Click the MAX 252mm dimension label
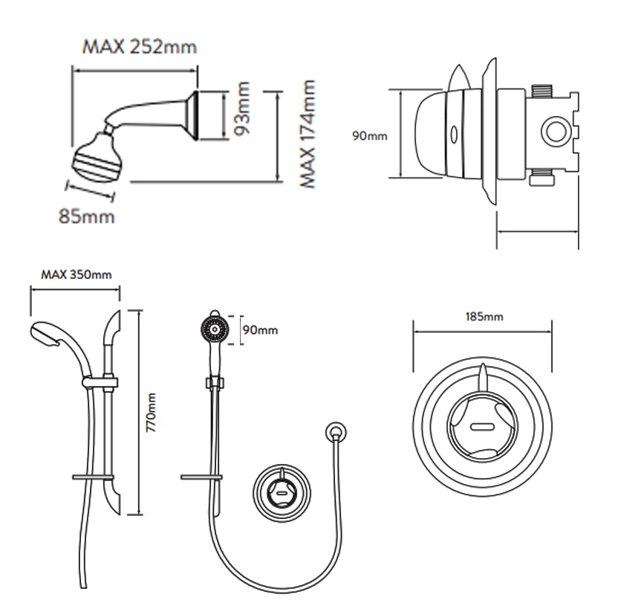139,48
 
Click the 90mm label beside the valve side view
369,137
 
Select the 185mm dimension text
484,317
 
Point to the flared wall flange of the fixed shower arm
195,116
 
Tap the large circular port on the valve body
553,135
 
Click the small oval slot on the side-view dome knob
452,134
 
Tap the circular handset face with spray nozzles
213,327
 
